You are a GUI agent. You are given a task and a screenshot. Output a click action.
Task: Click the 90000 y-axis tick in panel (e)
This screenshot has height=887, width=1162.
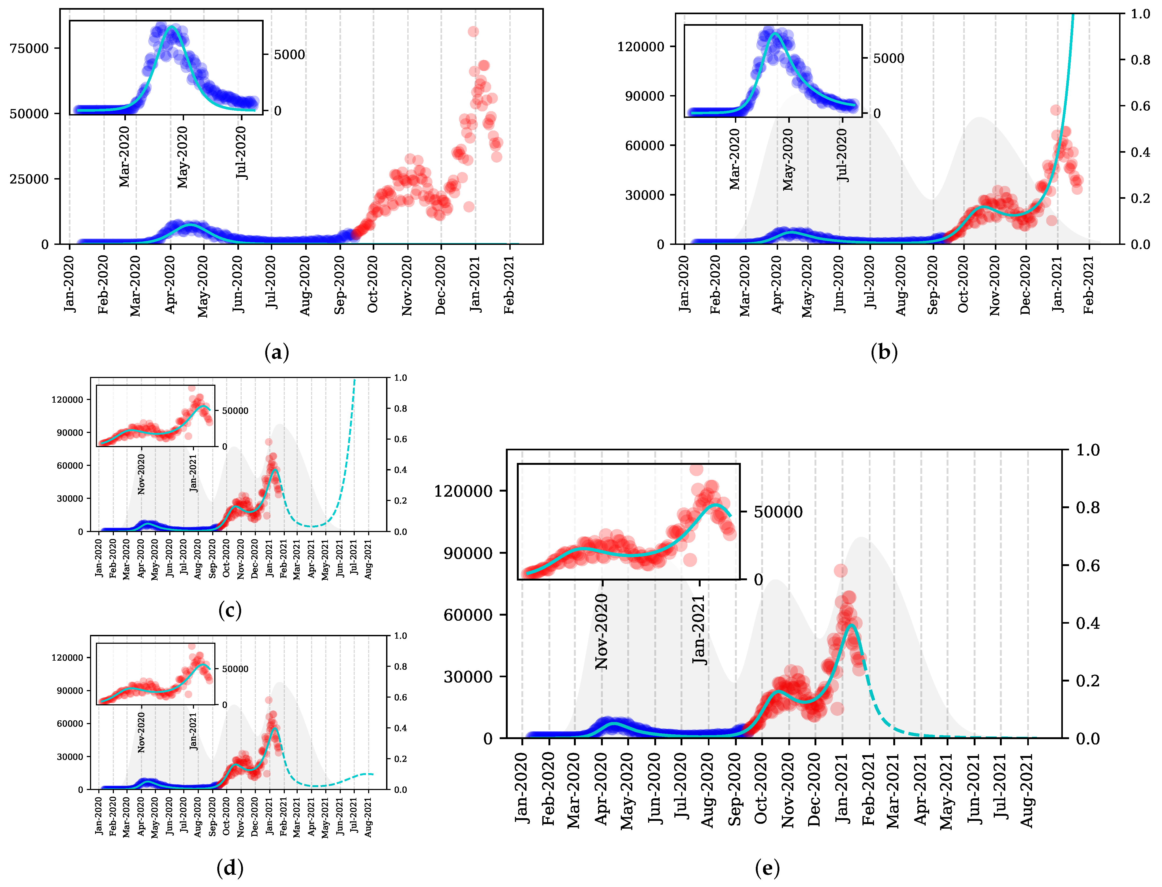point(468,553)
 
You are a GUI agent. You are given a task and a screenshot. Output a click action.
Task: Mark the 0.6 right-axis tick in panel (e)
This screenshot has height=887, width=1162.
point(1088,566)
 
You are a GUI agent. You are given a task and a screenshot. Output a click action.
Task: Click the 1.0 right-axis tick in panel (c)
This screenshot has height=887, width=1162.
point(401,378)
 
